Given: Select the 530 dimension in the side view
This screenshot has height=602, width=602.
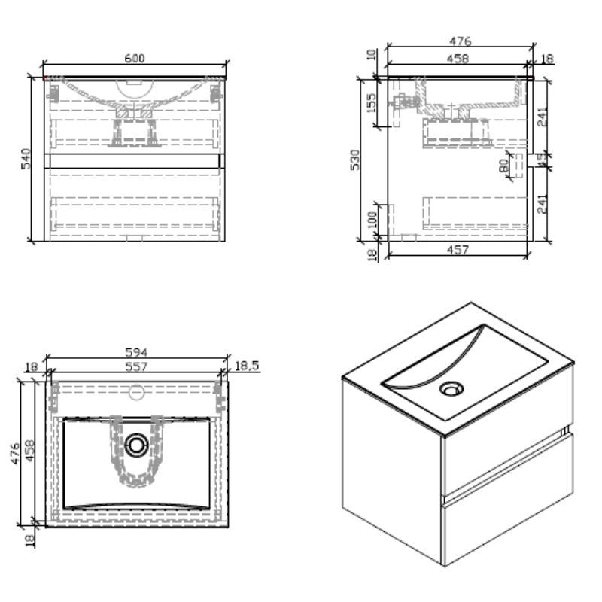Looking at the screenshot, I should tap(356, 160).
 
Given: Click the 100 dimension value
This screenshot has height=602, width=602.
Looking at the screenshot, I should tap(372, 220).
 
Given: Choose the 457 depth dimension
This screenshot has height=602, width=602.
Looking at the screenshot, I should tap(457, 249).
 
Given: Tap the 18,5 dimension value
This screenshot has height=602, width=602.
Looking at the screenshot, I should tap(246, 366).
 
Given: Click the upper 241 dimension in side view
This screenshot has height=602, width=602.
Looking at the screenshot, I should tap(543, 117).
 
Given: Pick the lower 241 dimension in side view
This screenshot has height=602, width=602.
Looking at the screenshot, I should tap(543, 202).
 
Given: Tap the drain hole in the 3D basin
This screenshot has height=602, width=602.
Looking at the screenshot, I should tap(451, 388).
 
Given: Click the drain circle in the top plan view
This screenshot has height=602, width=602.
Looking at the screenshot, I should tap(136, 445).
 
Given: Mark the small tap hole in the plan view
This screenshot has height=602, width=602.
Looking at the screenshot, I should tap(137, 391).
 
